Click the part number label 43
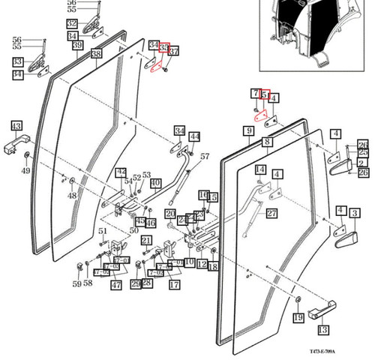(16, 125)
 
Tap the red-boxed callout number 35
(164, 48)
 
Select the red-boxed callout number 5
(264, 94)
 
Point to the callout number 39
(76, 46)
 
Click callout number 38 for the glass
(96, 54)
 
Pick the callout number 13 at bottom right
(323, 329)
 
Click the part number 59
(76, 284)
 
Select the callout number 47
(115, 285)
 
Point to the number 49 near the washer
(25, 171)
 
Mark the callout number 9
(247, 131)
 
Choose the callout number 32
(71, 24)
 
